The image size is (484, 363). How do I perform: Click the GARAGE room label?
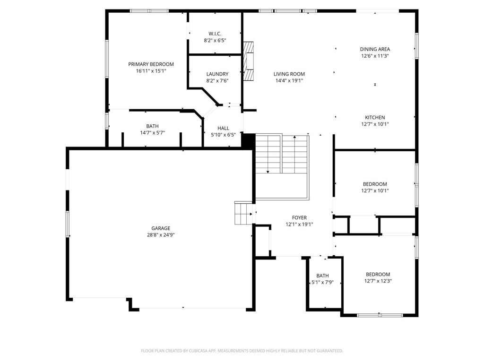tap(161, 228)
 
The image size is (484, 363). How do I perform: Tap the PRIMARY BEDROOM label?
tap(151, 64)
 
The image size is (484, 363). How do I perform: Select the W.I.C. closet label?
tap(215, 34)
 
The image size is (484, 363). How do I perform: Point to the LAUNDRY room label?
tap(217, 74)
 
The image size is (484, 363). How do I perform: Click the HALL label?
tap(223, 128)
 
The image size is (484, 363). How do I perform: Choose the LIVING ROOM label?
tap(289, 74)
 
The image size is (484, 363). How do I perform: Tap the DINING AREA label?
tap(375, 49)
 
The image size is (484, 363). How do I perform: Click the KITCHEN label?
tap(375, 118)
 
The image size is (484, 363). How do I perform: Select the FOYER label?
tap(299, 218)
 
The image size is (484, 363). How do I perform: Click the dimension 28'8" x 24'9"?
tap(161, 235)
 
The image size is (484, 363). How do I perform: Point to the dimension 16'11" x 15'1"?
tap(151, 71)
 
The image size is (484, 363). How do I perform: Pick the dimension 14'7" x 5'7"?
tap(152, 133)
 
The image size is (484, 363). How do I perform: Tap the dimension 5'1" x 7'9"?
tap(322, 283)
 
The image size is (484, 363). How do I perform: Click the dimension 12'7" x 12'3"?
tap(378, 281)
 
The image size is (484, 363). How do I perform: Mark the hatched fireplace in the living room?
tap(249, 61)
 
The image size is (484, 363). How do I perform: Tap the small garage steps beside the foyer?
tap(243, 213)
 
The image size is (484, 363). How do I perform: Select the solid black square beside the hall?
tap(248, 141)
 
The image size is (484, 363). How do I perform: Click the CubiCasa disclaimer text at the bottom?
tap(242, 351)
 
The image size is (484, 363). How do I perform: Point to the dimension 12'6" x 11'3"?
tap(375, 56)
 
